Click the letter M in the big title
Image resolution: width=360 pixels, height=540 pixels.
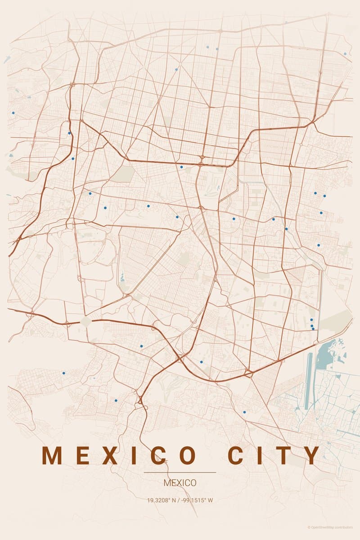(x=52, y=455)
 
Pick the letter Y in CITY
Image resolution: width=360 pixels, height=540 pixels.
(x=310, y=455)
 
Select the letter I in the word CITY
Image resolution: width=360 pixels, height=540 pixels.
(x=260, y=455)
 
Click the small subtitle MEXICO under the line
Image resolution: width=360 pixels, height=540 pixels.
(x=180, y=483)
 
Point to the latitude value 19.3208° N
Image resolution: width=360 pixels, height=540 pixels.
(x=162, y=500)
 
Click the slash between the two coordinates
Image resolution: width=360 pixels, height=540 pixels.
(x=179, y=500)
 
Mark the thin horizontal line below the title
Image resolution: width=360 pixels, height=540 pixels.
(x=180, y=472)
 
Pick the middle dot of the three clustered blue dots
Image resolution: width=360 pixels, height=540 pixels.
(x=312, y=325)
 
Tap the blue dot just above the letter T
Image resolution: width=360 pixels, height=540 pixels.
(x=244, y=412)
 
